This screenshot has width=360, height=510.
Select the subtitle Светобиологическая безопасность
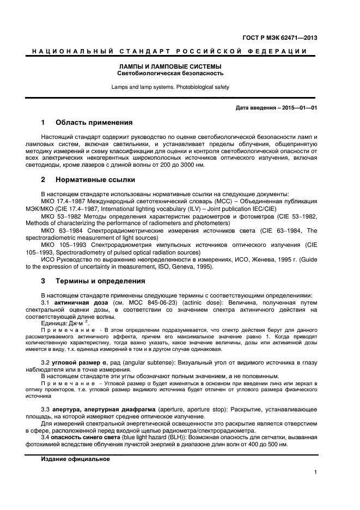tap(170, 74)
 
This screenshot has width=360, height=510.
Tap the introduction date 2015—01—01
tap(298, 107)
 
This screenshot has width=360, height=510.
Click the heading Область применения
tap(94, 123)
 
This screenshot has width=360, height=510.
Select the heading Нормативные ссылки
tap(95, 179)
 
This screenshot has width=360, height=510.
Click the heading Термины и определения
tap(100, 281)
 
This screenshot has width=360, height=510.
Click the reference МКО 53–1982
tap(60, 216)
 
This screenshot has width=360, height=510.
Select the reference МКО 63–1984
tap(60, 230)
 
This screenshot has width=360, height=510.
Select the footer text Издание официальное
tap(75, 459)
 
